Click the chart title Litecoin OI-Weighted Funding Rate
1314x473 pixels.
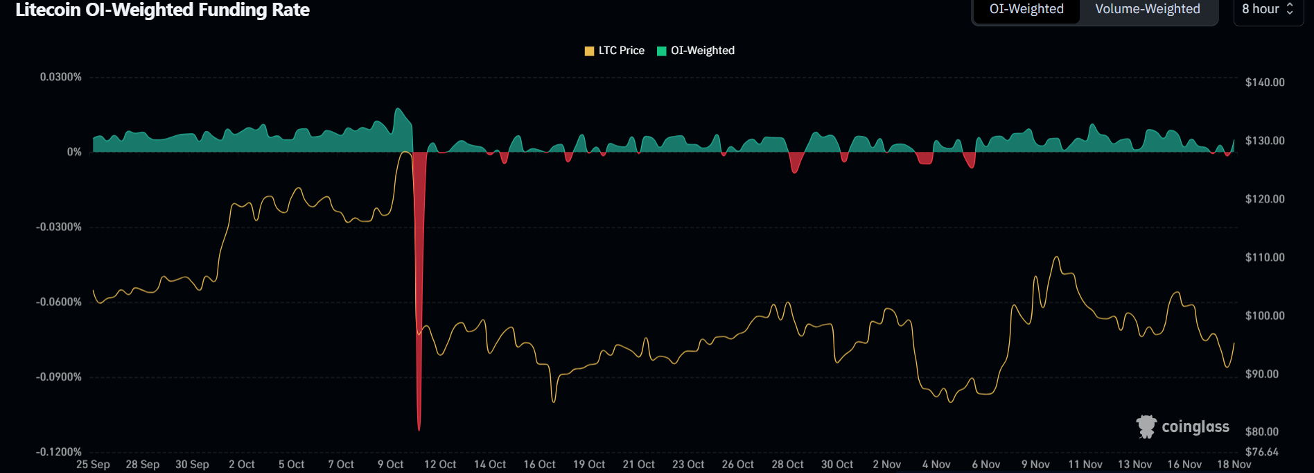tap(162, 10)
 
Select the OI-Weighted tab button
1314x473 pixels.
tap(1026, 9)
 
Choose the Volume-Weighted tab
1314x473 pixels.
tap(1147, 9)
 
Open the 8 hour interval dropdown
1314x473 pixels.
tap(1268, 9)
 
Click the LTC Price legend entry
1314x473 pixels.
tap(615, 51)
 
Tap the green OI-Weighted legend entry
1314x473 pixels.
tap(696, 51)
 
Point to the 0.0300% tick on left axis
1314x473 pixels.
tap(60, 77)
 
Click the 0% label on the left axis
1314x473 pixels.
tap(74, 152)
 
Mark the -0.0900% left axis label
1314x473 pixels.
tap(59, 377)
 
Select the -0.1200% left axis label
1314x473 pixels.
tap(59, 452)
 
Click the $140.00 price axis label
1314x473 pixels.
tap(1265, 83)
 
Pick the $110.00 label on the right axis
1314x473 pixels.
tap(1265, 257)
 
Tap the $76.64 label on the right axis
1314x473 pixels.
tap(1262, 452)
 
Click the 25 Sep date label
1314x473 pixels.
tap(93, 465)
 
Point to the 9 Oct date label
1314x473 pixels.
tap(390, 465)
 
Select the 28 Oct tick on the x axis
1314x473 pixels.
tap(787, 465)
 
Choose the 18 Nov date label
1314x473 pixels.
tap(1234, 465)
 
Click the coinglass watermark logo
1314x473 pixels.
tap(1183, 427)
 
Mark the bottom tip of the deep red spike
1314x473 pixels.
tap(419, 430)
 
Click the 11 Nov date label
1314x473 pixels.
tap(1085, 465)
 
